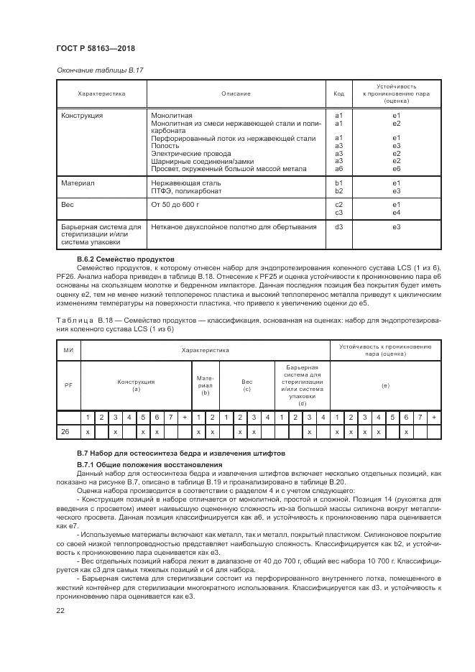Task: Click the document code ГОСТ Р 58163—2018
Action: (x=96, y=48)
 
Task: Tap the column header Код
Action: (x=339, y=93)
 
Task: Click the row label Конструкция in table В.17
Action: (x=82, y=115)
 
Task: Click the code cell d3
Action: (x=339, y=227)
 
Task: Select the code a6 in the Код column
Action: (x=339, y=169)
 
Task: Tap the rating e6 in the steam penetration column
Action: (x=396, y=169)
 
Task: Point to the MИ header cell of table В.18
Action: (x=69, y=350)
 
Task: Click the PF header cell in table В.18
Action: (x=69, y=385)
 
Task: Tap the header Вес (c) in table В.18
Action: (x=246, y=385)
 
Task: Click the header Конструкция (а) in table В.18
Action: (x=136, y=385)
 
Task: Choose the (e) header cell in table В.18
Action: (x=385, y=386)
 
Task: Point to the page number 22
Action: (x=60, y=610)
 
